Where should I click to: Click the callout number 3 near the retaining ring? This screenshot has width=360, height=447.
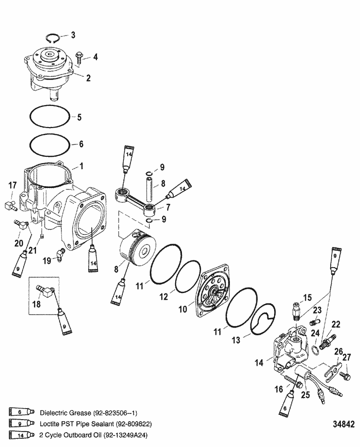tap(72, 35)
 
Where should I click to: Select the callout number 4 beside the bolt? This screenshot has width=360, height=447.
tap(95, 57)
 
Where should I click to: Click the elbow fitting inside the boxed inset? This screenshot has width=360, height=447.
tap(46, 291)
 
